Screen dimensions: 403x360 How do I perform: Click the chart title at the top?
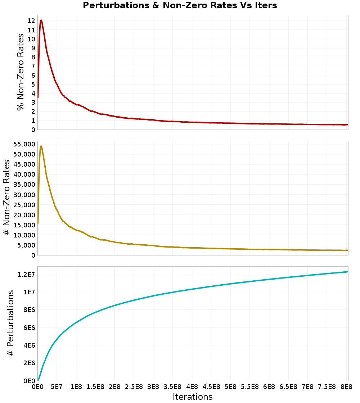180,5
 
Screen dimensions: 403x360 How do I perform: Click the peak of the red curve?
41,20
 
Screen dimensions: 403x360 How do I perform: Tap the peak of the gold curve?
41,146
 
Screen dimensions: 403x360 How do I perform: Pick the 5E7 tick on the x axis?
57,388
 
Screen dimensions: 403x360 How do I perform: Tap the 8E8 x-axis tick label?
346,388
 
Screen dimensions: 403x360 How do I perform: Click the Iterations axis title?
193,397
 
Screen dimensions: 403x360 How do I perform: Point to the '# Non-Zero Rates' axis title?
6,198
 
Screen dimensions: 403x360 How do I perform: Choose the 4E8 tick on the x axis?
192,388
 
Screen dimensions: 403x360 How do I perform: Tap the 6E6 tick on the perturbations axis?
27,327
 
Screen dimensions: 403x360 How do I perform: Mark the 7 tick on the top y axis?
33,66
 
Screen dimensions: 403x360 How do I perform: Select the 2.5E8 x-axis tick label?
134,388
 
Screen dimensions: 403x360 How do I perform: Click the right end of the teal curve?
348,272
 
